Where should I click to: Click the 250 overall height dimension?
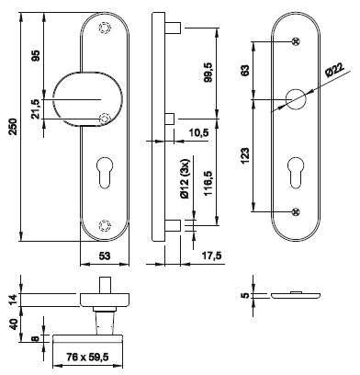point(14,126)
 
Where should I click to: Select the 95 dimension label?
point(36,56)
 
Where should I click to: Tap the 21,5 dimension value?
point(36,108)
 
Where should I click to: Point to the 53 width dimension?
point(105,256)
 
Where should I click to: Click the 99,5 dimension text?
point(208,72)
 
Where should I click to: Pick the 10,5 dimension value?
point(198,132)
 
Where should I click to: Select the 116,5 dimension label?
point(208,184)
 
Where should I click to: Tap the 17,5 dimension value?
point(211,256)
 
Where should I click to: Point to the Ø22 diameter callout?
point(334,70)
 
